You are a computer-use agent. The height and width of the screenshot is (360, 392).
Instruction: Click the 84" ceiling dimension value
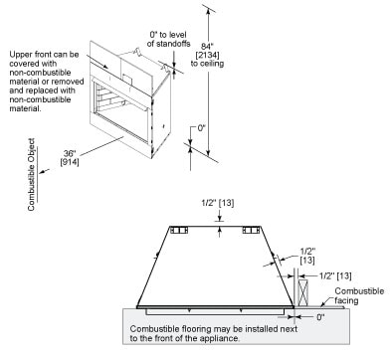point(207,46)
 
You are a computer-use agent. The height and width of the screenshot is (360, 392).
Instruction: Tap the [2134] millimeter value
point(207,55)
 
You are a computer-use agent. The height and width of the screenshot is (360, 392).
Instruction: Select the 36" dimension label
point(70,153)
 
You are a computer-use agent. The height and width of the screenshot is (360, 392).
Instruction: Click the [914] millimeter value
point(70,162)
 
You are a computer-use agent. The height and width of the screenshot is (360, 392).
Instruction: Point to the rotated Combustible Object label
point(31,174)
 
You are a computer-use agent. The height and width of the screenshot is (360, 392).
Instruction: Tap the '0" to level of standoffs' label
point(168,39)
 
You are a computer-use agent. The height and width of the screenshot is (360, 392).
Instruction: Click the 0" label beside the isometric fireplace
point(202,128)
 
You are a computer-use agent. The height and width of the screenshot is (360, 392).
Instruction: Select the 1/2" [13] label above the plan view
point(218,203)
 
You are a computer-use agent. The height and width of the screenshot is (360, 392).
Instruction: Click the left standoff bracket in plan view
point(179,231)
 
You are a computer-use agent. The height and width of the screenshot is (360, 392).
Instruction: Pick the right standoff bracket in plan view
point(251,231)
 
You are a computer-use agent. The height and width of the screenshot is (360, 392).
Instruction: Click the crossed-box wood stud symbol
point(302,292)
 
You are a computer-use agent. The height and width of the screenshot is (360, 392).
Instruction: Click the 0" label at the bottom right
point(320,317)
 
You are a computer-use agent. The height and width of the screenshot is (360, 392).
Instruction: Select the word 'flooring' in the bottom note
point(195,329)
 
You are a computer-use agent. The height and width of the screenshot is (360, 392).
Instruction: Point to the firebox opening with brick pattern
point(121,99)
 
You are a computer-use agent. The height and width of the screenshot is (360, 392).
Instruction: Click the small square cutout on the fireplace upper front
point(127,79)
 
